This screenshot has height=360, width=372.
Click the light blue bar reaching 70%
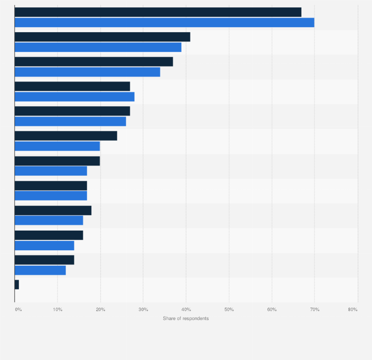click(164, 22)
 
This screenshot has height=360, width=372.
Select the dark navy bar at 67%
click(158, 12)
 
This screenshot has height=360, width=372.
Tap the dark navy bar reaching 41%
click(102, 37)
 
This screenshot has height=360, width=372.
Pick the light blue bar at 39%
click(98, 47)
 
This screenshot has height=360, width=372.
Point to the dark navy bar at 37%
click(94, 62)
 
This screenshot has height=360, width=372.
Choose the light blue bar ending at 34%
click(87, 72)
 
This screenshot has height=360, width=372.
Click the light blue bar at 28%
click(74, 97)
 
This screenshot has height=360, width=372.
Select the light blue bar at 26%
click(70, 121)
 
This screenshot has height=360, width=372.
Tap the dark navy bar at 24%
click(66, 136)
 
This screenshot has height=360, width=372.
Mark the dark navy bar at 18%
click(53, 210)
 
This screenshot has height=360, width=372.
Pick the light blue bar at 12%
click(40, 270)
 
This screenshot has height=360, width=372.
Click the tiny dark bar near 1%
click(17, 284)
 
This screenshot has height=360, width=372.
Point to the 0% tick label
click(18, 310)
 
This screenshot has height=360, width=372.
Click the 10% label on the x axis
click(58, 310)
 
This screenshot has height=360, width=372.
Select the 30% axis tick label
click(143, 310)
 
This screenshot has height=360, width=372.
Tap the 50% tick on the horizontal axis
click(229, 310)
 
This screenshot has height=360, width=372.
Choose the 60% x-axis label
click(272, 310)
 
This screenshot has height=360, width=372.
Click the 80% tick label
click(353, 310)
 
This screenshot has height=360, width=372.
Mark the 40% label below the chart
click(186, 310)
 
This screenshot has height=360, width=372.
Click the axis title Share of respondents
click(186, 319)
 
